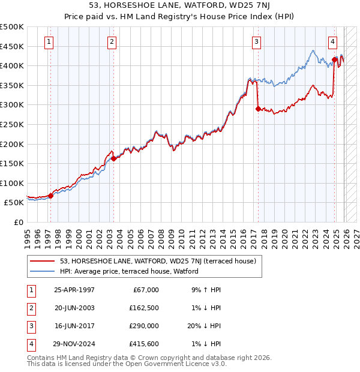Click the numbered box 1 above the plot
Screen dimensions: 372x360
pos(49,41)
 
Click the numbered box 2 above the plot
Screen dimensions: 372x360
pos(112,41)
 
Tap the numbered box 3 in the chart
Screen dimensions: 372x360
pos(256,41)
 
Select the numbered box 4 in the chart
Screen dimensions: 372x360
pos(332,41)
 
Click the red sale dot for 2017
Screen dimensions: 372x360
pos(258,109)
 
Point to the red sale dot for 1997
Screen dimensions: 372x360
pos(51,195)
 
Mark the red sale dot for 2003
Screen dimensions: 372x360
pos(113,158)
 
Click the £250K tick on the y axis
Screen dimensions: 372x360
pos(12,124)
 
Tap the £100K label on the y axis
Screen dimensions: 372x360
pos(12,183)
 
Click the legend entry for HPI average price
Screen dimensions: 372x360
pos(129,271)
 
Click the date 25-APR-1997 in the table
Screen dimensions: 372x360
pos(74,290)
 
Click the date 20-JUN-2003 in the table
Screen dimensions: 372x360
pos(74,308)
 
